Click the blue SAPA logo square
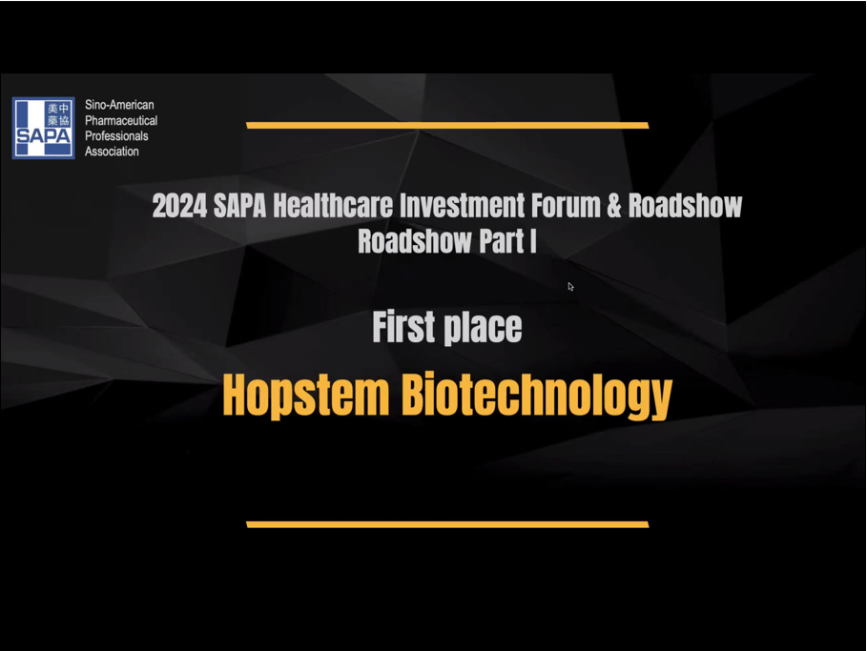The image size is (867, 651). coord(44,129)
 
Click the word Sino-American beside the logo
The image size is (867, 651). coord(119,105)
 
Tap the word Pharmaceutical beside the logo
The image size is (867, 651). coord(121,120)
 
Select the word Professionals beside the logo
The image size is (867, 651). coord(116,136)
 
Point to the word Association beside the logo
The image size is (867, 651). coord(112,152)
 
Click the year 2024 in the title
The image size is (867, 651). coord(179,206)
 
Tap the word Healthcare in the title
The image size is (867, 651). coord(333,206)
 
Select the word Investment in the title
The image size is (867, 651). coord(463,206)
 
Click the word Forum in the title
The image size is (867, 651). coord(567,206)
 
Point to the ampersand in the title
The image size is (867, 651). coord(614,206)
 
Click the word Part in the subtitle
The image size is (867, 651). coord(502,241)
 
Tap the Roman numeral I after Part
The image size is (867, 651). coord(533,241)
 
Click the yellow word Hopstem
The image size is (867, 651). coord(306,397)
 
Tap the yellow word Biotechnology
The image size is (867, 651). coord(537,397)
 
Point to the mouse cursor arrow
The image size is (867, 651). coord(570,286)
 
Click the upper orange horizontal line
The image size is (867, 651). coord(447,126)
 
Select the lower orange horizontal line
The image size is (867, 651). coord(447,524)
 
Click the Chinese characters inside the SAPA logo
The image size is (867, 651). coord(58,113)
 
